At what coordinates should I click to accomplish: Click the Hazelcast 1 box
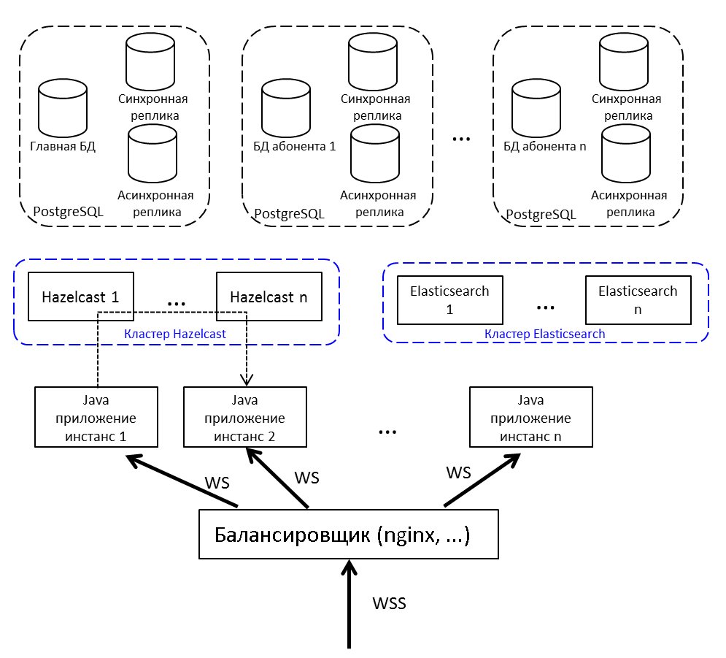click(80, 297)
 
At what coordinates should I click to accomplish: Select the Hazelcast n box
click(269, 297)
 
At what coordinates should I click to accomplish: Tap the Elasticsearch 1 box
click(449, 299)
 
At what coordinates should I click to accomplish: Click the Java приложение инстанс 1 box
click(97, 417)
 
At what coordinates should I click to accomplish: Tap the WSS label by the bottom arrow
click(389, 604)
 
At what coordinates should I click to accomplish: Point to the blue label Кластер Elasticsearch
click(544, 334)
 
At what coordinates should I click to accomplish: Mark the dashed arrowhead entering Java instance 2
click(247, 380)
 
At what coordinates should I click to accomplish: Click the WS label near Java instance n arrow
click(458, 473)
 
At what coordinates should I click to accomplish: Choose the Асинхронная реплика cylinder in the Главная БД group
click(152, 155)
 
